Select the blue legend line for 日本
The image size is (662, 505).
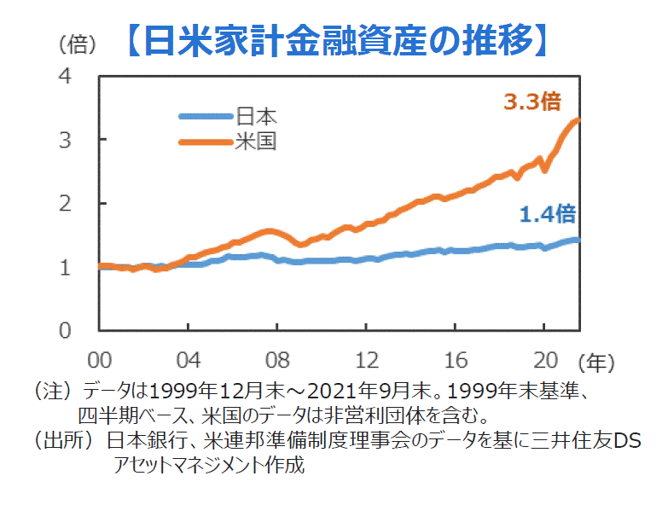click(205, 117)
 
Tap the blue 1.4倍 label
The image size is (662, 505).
click(547, 214)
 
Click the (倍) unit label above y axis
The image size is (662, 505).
click(76, 43)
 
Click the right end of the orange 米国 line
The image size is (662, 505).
click(578, 119)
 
